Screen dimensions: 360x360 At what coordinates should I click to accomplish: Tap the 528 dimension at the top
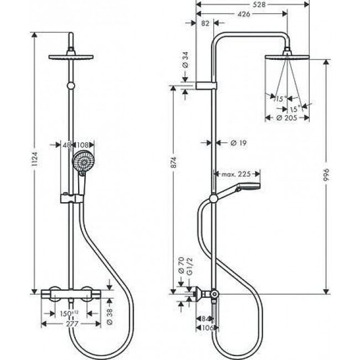point(243,4)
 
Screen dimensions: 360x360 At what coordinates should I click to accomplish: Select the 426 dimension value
point(243,14)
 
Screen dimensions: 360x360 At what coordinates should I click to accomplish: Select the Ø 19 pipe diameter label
point(237,143)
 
